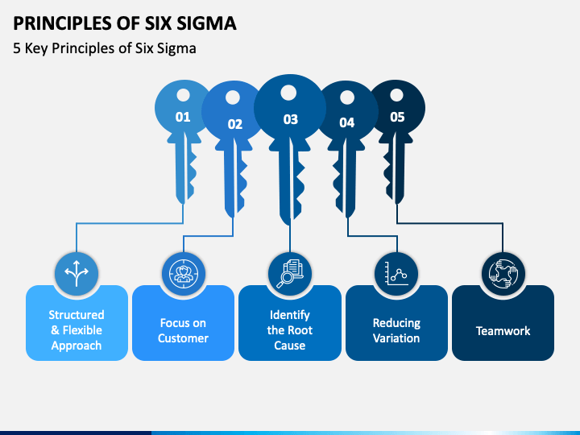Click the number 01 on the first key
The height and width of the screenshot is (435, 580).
point(183,117)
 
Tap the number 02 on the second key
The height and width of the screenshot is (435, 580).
point(235,124)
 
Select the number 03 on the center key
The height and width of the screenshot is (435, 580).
point(290,119)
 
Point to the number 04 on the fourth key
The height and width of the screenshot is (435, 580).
point(347,122)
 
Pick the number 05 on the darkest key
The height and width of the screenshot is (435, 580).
point(397,117)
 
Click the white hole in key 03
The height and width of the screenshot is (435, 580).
point(288,93)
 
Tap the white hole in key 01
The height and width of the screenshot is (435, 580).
point(183,95)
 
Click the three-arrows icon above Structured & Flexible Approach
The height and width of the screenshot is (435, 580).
point(77,273)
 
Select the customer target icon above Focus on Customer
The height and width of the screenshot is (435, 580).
point(183,274)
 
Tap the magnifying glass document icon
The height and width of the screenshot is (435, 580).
point(290,274)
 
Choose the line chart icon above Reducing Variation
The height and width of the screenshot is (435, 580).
point(396,274)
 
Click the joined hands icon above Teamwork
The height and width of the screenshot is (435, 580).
point(503,274)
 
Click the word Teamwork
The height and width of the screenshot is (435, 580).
point(503,331)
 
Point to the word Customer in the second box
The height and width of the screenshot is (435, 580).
point(183,338)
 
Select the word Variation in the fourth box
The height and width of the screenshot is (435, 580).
point(396,338)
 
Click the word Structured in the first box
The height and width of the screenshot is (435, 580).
point(77,315)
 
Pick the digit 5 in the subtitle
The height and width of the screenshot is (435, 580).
point(17,48)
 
